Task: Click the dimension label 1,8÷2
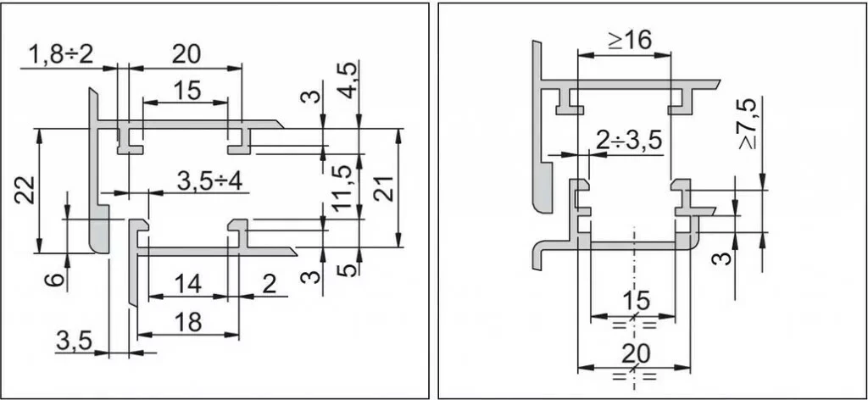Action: tap(61, 56)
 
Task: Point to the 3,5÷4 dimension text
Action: tap(209, 181)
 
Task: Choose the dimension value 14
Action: tap(188, 284)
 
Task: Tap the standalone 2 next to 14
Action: tap(269, 284)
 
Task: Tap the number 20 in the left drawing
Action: tap(186, 54)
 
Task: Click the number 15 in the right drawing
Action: tap(634, 300)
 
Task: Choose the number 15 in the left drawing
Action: tap(186, 90)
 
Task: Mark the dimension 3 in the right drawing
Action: tap(721, 255)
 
